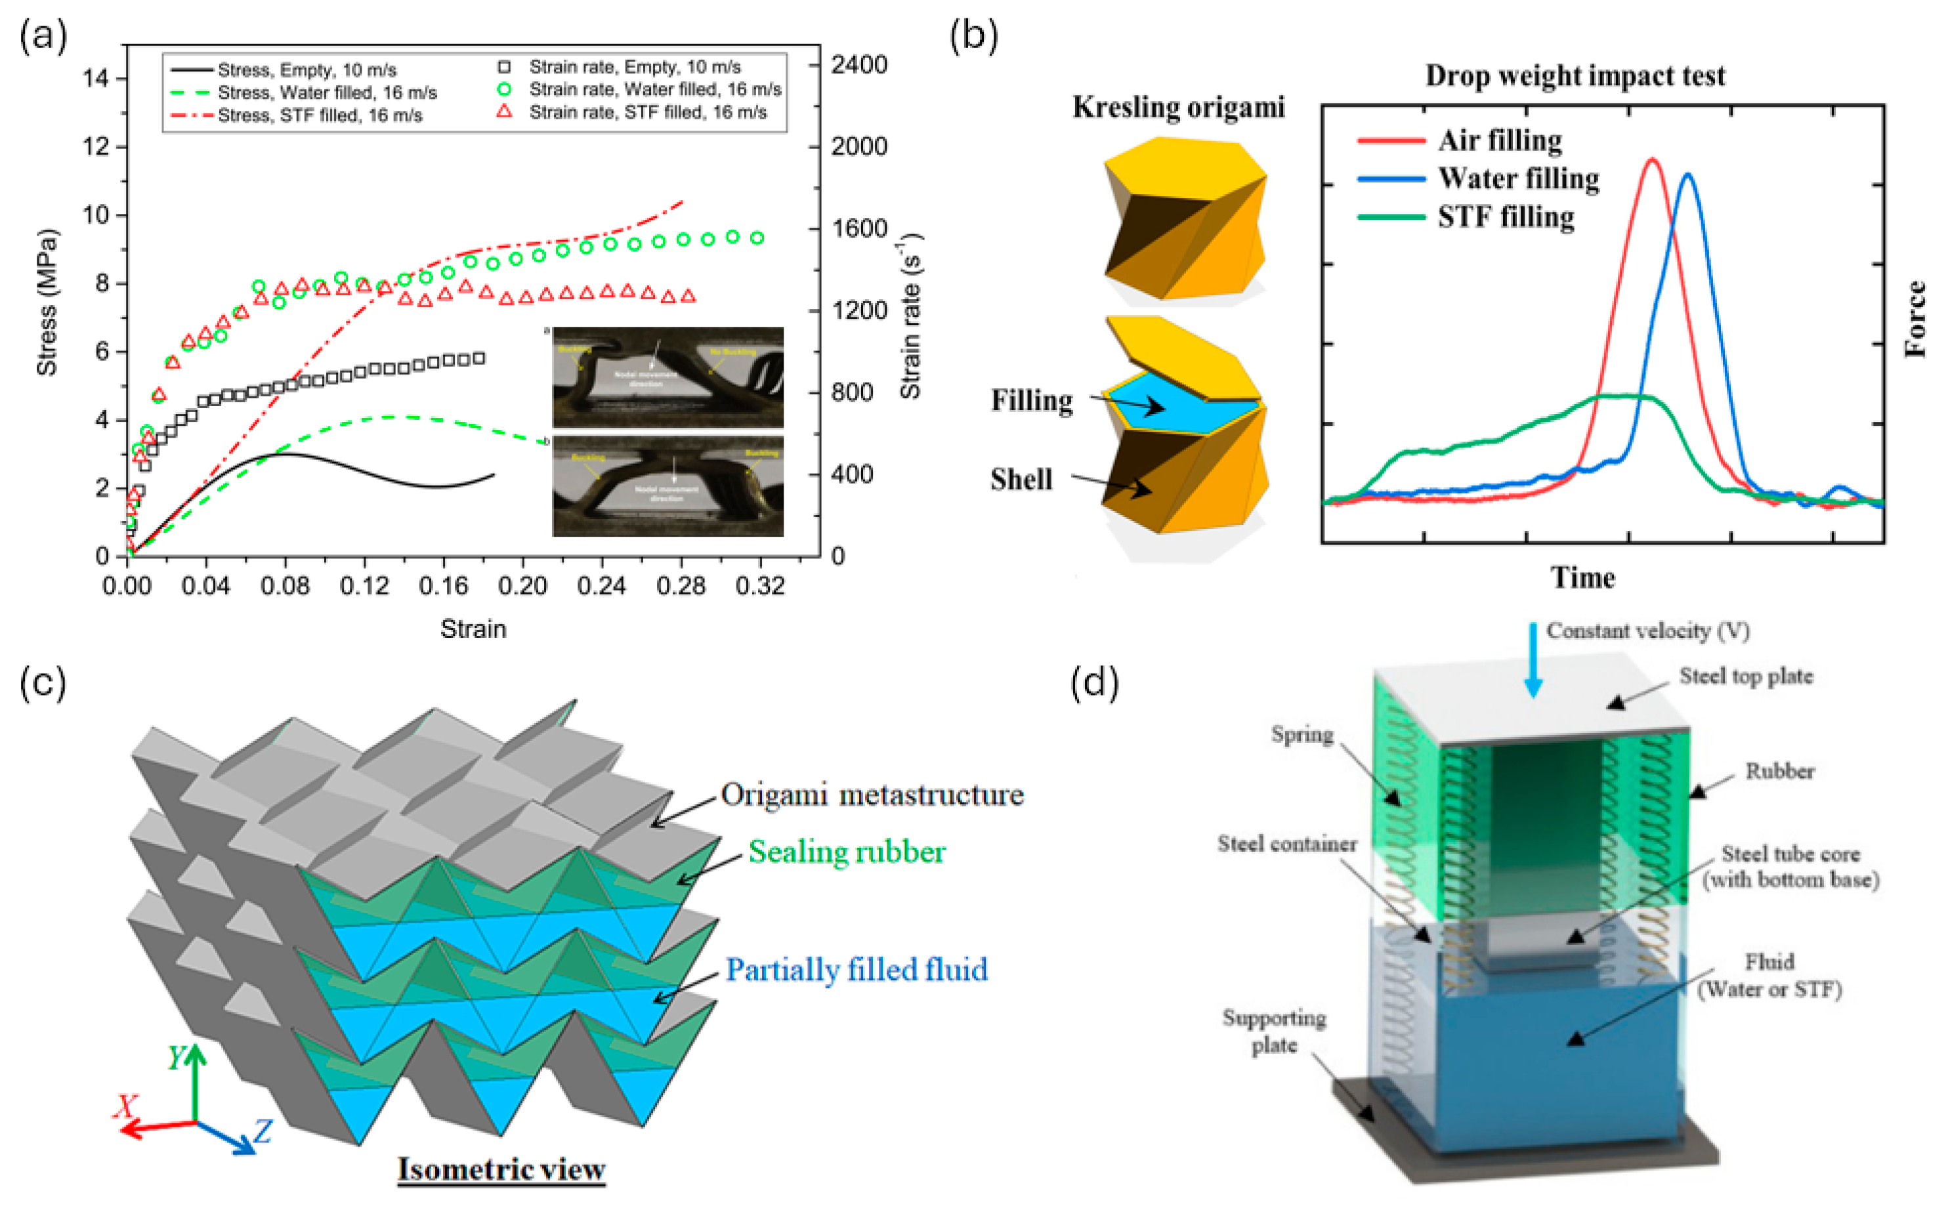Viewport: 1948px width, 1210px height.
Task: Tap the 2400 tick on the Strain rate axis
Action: click(x=858, y=65)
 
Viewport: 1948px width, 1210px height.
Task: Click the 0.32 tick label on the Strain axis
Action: click(x=759, y=587)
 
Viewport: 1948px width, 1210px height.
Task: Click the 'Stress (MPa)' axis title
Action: click(x=47, y=302)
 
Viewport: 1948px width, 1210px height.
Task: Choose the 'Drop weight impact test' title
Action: click(x=1575, y=76)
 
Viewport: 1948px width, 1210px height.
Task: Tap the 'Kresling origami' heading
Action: click(x=1178, y=107)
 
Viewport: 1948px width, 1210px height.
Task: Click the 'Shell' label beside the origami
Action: click(x=1021, y=480)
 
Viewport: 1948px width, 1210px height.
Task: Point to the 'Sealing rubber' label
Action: click(x=846, y=852)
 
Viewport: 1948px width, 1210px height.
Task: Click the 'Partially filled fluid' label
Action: click(x=857, y=970)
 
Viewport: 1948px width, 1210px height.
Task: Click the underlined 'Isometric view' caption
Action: click(x=501, y=1169)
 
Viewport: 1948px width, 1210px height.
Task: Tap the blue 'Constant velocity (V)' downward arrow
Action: click(x=1533, y=660)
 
